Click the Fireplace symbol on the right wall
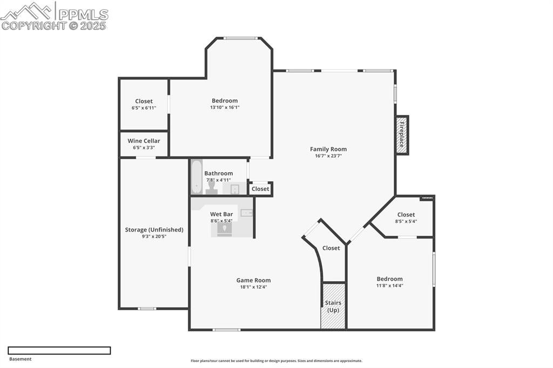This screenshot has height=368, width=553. click(x=402, y=135)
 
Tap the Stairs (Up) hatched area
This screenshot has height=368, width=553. click(x=333, y=306)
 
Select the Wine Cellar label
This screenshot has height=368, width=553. click(x=144, y=141)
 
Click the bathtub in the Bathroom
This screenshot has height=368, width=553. click(x=197, y=177)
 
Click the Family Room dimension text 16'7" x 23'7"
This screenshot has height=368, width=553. click(x=328, y=156)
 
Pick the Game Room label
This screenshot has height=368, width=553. click(x=253, y=280)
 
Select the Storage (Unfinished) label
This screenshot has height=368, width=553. click(x=154, y=229)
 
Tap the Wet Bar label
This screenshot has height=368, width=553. click(x=221, y=214)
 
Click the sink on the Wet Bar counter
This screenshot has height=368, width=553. click(x=247, y=213)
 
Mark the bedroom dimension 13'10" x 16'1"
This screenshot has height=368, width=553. click(x=224, y=107)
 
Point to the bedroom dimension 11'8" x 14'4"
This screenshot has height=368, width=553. click(x=389, y=285)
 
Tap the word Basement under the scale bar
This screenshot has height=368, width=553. click(x=21, y=359)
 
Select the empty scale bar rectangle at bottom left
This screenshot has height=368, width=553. click(x=59, y=350)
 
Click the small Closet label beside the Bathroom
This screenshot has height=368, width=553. click(x=260, y=189)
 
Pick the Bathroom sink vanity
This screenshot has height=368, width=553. click(x=235, y=188)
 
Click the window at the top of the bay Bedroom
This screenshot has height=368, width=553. click(x=241, y=38)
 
